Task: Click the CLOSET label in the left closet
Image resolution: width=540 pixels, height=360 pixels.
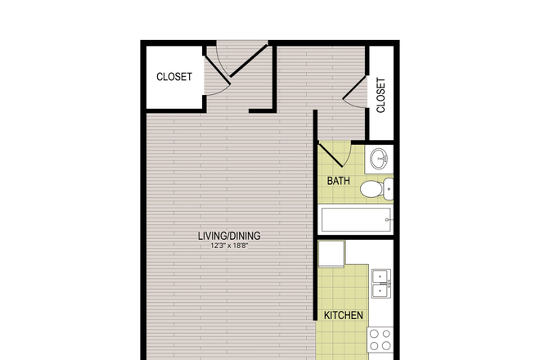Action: pyautogui.click(x=174, y=77)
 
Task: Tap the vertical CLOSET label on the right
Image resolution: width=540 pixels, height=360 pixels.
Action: pyautogui.click(x=380, y=95)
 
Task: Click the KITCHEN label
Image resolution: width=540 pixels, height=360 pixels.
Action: pyautogui.click(x=344, y=315)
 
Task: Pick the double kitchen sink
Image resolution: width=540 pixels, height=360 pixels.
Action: pyautogui.click(x=381, y=281)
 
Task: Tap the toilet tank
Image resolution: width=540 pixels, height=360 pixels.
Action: pyautogui.click(x=389, y=191)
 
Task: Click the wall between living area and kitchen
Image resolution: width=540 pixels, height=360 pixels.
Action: pyautogui.click(x=317, y=278)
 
